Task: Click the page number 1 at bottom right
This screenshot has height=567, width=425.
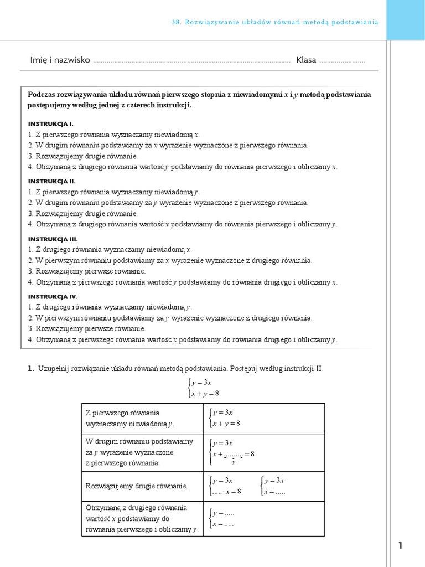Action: pos(400,546)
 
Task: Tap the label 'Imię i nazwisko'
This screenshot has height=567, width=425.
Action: pos(60,60)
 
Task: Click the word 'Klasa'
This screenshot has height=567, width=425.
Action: pos(306,60)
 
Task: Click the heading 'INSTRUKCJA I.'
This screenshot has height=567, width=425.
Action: pos(50,123)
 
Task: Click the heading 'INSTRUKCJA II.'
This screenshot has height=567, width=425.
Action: pos(51,181)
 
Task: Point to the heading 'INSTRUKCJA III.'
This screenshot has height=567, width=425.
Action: pos(53,239)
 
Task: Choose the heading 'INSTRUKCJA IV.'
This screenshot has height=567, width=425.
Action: pos(53,296)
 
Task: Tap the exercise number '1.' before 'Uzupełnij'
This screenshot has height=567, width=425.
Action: pos(31,368)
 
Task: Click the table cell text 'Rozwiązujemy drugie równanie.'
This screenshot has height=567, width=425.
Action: pos(136,486)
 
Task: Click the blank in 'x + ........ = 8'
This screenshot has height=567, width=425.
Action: pos(233,455)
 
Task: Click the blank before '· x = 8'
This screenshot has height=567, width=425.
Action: pos(217,492)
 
